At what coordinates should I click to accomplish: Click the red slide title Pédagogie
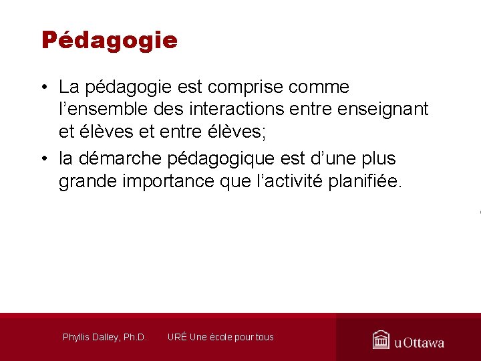click(x=110, y=40)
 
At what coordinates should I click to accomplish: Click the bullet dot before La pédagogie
click(x=43, y=88)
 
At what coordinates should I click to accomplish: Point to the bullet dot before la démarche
click(x=43, y=159)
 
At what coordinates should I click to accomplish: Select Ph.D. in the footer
click(x=135, y=337)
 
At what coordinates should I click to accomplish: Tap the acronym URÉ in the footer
click(x=177, y=337)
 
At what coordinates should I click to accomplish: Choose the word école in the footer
click(x=224, y=337)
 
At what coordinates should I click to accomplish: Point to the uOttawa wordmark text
click(x=419, y=343)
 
